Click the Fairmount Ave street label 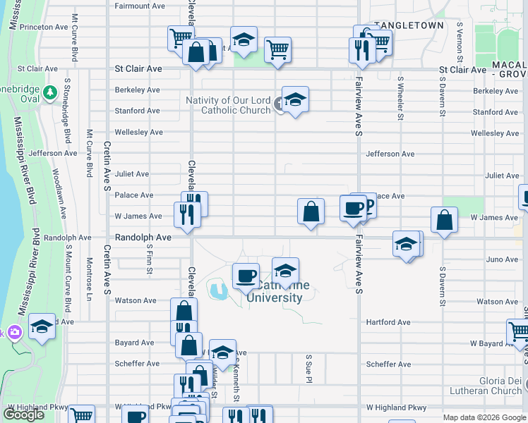tap(140, 6)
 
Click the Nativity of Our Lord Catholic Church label tap(228, 105)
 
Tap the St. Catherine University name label tap(275, 292)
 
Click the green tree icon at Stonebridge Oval tap(49, 92)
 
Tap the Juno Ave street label tap(502, 259)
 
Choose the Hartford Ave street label tap(388, 322)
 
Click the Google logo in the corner tap(24, 415)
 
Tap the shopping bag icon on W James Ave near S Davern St tap(444, 219)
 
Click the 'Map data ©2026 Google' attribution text tap(484, 417)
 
